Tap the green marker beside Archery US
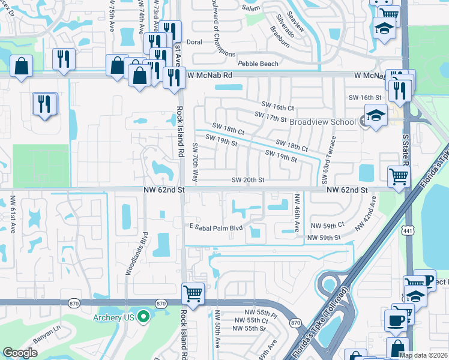[143, 317]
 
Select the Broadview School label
[322, 122]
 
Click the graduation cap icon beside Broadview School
[375, 115]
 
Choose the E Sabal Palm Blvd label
[215, 228]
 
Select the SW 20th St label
[249, 180]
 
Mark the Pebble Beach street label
[258, 64]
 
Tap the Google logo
[20, 353]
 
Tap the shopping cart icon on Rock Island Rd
[193, 293]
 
